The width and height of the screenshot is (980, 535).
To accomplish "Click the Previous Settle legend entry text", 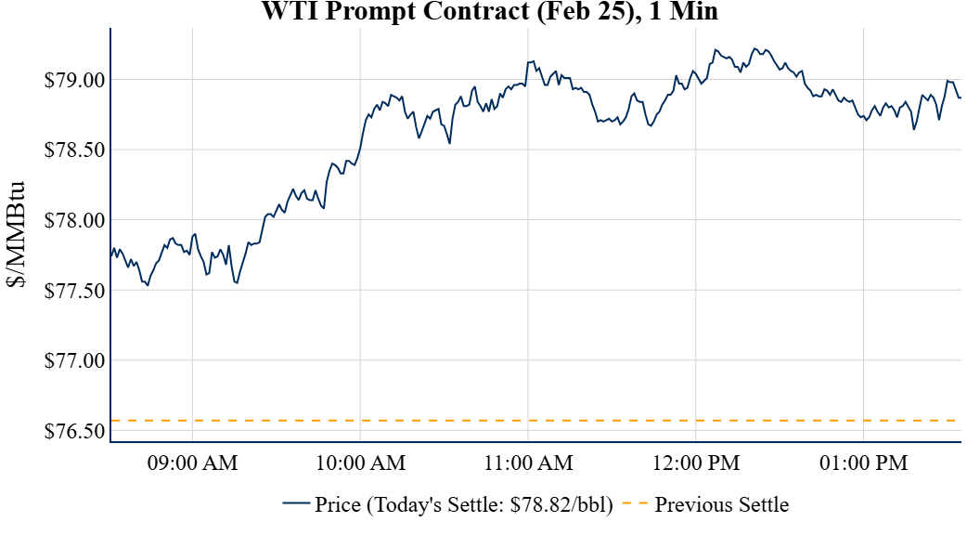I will click(x=722, y=505).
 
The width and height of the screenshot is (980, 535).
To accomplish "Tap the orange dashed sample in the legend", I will click(x=635, y=504).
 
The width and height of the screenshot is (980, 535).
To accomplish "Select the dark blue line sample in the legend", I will click(x=296, y=504).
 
